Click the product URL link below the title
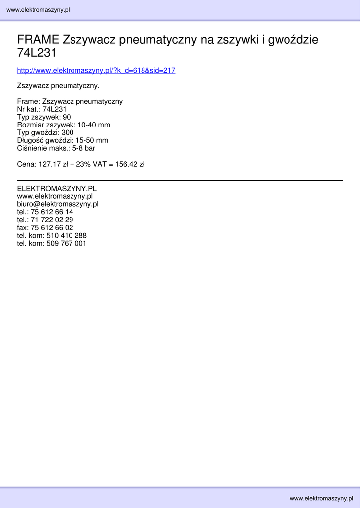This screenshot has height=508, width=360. tap(96, 71)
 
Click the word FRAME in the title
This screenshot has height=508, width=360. tap(38, 40)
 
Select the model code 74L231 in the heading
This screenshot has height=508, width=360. tap(37, 53)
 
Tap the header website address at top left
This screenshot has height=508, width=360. tap(38, 10)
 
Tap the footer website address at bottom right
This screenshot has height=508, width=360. tap(321, 498)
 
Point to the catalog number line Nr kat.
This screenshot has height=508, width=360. tap(42, 109)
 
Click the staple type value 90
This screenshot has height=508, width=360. tap(67, 117)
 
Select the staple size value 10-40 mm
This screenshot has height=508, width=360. tap(94, 125)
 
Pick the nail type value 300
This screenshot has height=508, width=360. tap(68, 132)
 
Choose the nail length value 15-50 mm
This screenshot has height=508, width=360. tap(92, 140)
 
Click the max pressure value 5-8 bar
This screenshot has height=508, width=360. tap(83, 148)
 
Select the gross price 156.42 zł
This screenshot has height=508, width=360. tap(130, 164)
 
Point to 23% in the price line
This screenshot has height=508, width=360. tap(83, 164)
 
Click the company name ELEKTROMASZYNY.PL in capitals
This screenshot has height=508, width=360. tap(57, 189)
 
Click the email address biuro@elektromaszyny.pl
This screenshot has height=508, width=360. tap(58, 204)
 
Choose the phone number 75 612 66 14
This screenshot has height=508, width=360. tap(52, 212)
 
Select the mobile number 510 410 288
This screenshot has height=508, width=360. tap(67, 236)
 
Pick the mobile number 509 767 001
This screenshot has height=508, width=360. tap(67, 244)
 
